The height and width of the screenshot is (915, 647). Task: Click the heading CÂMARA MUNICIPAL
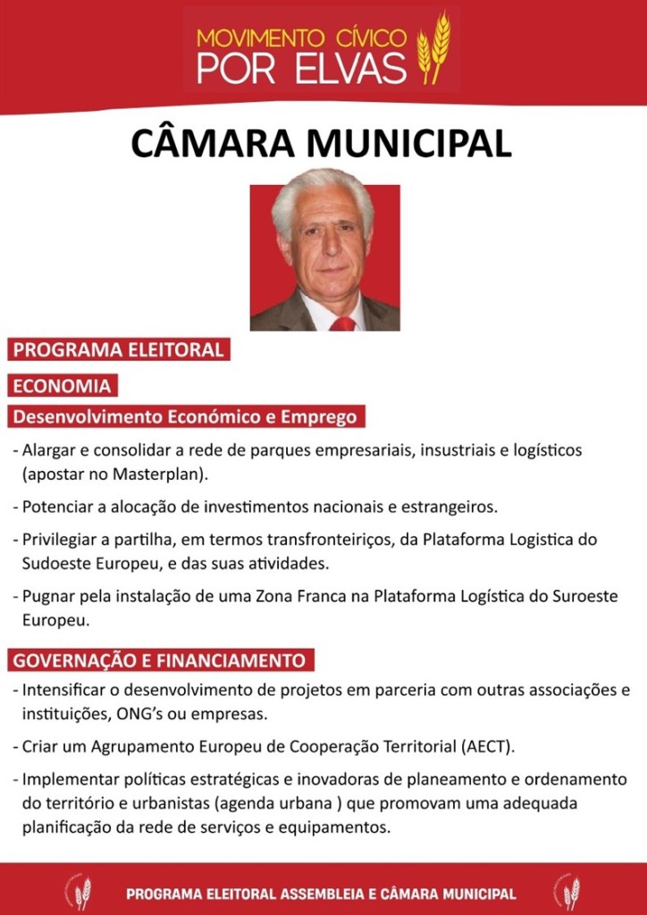(x=322, y=144)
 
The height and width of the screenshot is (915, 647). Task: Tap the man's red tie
(x=342, y=323)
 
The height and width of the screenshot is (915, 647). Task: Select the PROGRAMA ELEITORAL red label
(x=118, y=349)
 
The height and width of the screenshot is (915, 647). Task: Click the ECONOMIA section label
(x=62, y=386)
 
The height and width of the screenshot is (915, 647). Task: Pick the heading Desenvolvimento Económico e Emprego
(x=185, y=416)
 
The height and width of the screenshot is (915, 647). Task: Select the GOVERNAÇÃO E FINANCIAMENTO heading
(x=159, y=661)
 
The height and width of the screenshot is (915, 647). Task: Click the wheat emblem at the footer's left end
(x=80, y=892)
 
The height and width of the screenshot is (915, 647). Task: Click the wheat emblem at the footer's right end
(x=568, y=892)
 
